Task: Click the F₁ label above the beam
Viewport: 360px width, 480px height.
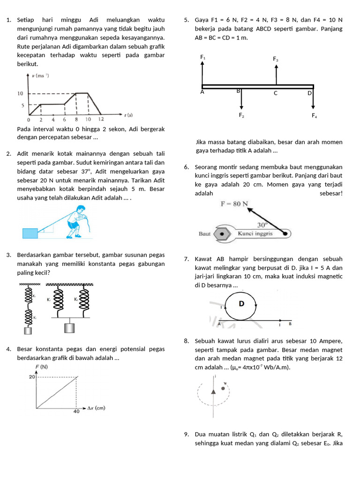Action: point(202,57)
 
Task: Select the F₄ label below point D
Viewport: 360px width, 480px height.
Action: point(314,115)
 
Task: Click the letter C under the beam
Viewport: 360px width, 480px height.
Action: point(276,93)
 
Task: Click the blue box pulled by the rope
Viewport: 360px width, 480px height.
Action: point(30,233)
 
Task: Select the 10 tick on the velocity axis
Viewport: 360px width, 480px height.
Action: point(20,94)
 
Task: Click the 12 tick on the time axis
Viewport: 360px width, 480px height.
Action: point(102,120)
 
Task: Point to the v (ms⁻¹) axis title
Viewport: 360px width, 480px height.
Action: point(41,75)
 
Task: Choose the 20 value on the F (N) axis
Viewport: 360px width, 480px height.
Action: point(32,377)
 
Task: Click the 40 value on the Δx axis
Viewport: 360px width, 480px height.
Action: point(76,412)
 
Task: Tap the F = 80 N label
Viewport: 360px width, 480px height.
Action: point(234,204)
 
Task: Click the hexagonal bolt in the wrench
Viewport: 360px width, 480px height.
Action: point(222,233)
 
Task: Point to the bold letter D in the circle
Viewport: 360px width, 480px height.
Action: point(242,304)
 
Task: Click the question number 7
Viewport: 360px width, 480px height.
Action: point(186,259)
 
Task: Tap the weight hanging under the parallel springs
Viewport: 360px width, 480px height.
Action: point(69,328)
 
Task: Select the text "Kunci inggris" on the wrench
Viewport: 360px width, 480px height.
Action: point(255,233)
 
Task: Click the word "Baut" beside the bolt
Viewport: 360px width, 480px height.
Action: point(204,233)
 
